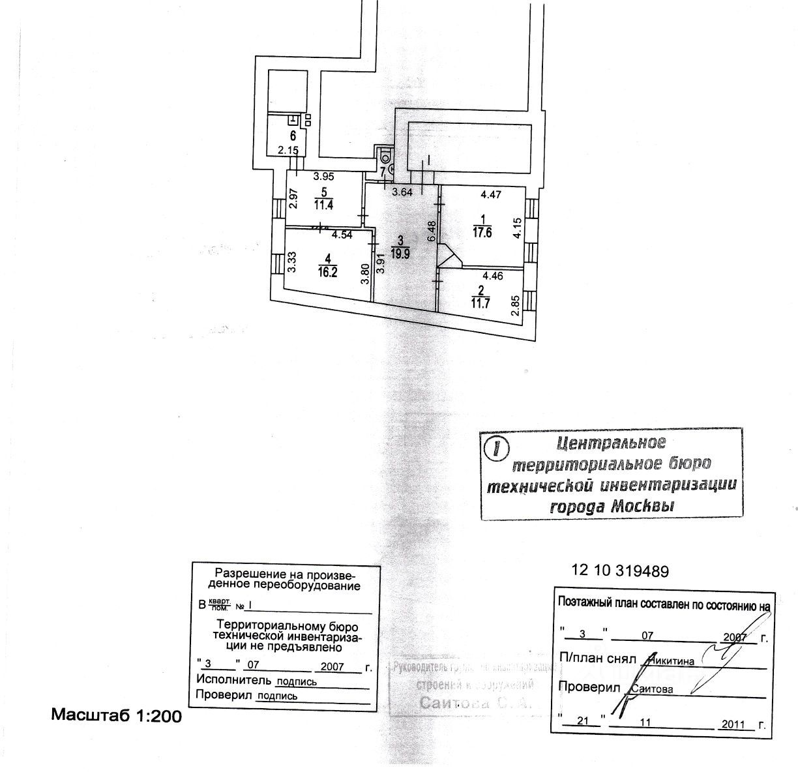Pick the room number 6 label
(293, 136)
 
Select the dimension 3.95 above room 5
(323, 176)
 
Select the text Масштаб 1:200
(116, 715)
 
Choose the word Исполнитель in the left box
(232, 680)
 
